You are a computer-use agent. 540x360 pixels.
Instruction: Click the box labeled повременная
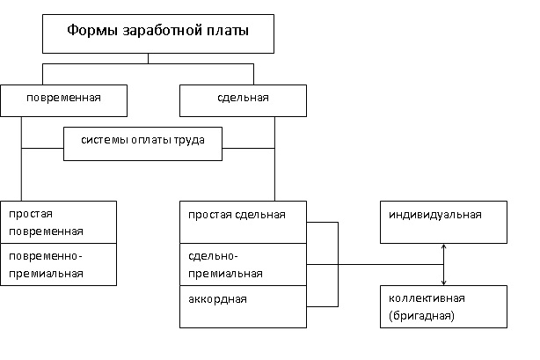tap(63, 100)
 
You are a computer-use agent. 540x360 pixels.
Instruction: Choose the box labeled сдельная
tap(243, 100)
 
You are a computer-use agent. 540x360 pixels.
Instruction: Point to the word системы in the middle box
tap(104, 140)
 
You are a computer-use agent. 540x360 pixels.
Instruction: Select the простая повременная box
tap(59, 223)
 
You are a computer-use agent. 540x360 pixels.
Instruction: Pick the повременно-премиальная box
tap(59, 264)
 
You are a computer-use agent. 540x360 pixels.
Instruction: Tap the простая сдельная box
tap(243, 223)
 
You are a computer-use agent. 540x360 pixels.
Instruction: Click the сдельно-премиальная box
tap(243, 264)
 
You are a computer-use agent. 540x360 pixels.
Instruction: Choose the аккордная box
tap(243, 306)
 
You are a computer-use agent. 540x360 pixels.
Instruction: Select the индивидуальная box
tap(443, 223)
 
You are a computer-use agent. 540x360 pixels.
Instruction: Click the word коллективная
tap(427, 298)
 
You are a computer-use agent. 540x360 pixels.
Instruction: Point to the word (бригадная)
tap(421, 316)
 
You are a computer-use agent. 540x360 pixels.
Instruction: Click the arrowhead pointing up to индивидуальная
tap(443, 246)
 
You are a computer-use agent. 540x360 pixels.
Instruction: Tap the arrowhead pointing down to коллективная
tap(443, 283)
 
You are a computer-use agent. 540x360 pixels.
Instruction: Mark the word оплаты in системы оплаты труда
tap(150, 141)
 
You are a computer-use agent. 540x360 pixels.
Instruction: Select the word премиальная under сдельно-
tap(225, 274)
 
